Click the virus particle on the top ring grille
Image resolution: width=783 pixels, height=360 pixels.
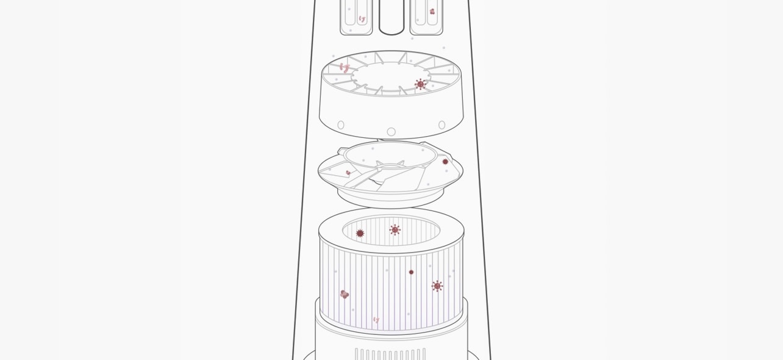pos(420,84)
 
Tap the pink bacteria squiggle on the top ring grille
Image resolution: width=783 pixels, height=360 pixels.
pos(345,68)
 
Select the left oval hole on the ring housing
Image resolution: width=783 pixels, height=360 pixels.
pos(341,125)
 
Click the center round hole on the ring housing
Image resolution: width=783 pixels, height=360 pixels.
pos(391,132)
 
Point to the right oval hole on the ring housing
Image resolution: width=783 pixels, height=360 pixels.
pos(442,125)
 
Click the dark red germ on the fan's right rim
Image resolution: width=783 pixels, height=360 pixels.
pos(445,162)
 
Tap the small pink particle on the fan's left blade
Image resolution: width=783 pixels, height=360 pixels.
pos(348,173)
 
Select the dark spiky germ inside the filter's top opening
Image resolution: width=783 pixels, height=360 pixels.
pos(360,233)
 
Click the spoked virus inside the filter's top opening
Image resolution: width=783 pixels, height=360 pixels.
pos(395,229)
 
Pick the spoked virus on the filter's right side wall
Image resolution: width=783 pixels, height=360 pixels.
pos(437,286)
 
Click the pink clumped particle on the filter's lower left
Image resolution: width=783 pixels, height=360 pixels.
pos(344,294)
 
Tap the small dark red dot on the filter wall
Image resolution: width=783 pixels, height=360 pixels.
pos(411,272)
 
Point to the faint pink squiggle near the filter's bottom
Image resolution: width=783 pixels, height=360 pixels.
pos(376,320)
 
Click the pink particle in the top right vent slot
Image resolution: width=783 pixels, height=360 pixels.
pos(432,12)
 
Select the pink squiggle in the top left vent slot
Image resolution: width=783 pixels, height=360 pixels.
pos(362,19)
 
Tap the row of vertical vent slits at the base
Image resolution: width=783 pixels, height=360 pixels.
pos(390,354)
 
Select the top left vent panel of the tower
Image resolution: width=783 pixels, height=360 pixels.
pos(356,17)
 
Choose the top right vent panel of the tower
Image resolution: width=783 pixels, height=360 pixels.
pos(426,17)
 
